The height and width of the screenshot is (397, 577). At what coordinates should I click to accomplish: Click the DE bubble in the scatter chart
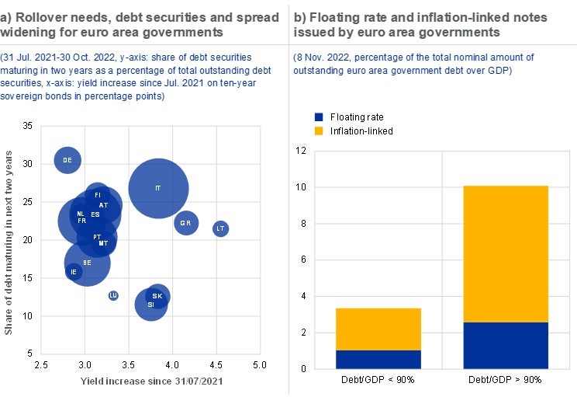(x=67, y=160)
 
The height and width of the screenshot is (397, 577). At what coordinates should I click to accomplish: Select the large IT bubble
(x=158, y=189)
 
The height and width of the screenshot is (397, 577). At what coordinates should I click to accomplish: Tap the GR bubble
(x=186, y=224)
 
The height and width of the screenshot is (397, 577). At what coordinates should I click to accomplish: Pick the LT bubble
(x=220, y=228)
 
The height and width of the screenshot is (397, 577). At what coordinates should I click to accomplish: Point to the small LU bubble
(x=113, y=295)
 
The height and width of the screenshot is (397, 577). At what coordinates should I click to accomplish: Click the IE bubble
(x=74, y=272)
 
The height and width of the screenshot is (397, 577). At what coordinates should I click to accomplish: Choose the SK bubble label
(x=157, y=296)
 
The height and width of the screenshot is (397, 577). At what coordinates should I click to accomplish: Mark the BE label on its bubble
(x=87, y=263)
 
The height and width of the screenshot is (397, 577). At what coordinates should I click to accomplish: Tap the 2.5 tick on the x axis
(x=42, y=364)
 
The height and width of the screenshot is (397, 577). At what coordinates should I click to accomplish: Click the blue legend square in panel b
(x=319, y=117)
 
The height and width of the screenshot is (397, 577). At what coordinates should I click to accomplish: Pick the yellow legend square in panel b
(x=319, y=131)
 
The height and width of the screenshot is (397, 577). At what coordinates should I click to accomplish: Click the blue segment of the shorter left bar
(x=378, y=360)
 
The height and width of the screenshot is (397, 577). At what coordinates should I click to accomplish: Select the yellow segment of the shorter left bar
(x=378, y=329)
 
